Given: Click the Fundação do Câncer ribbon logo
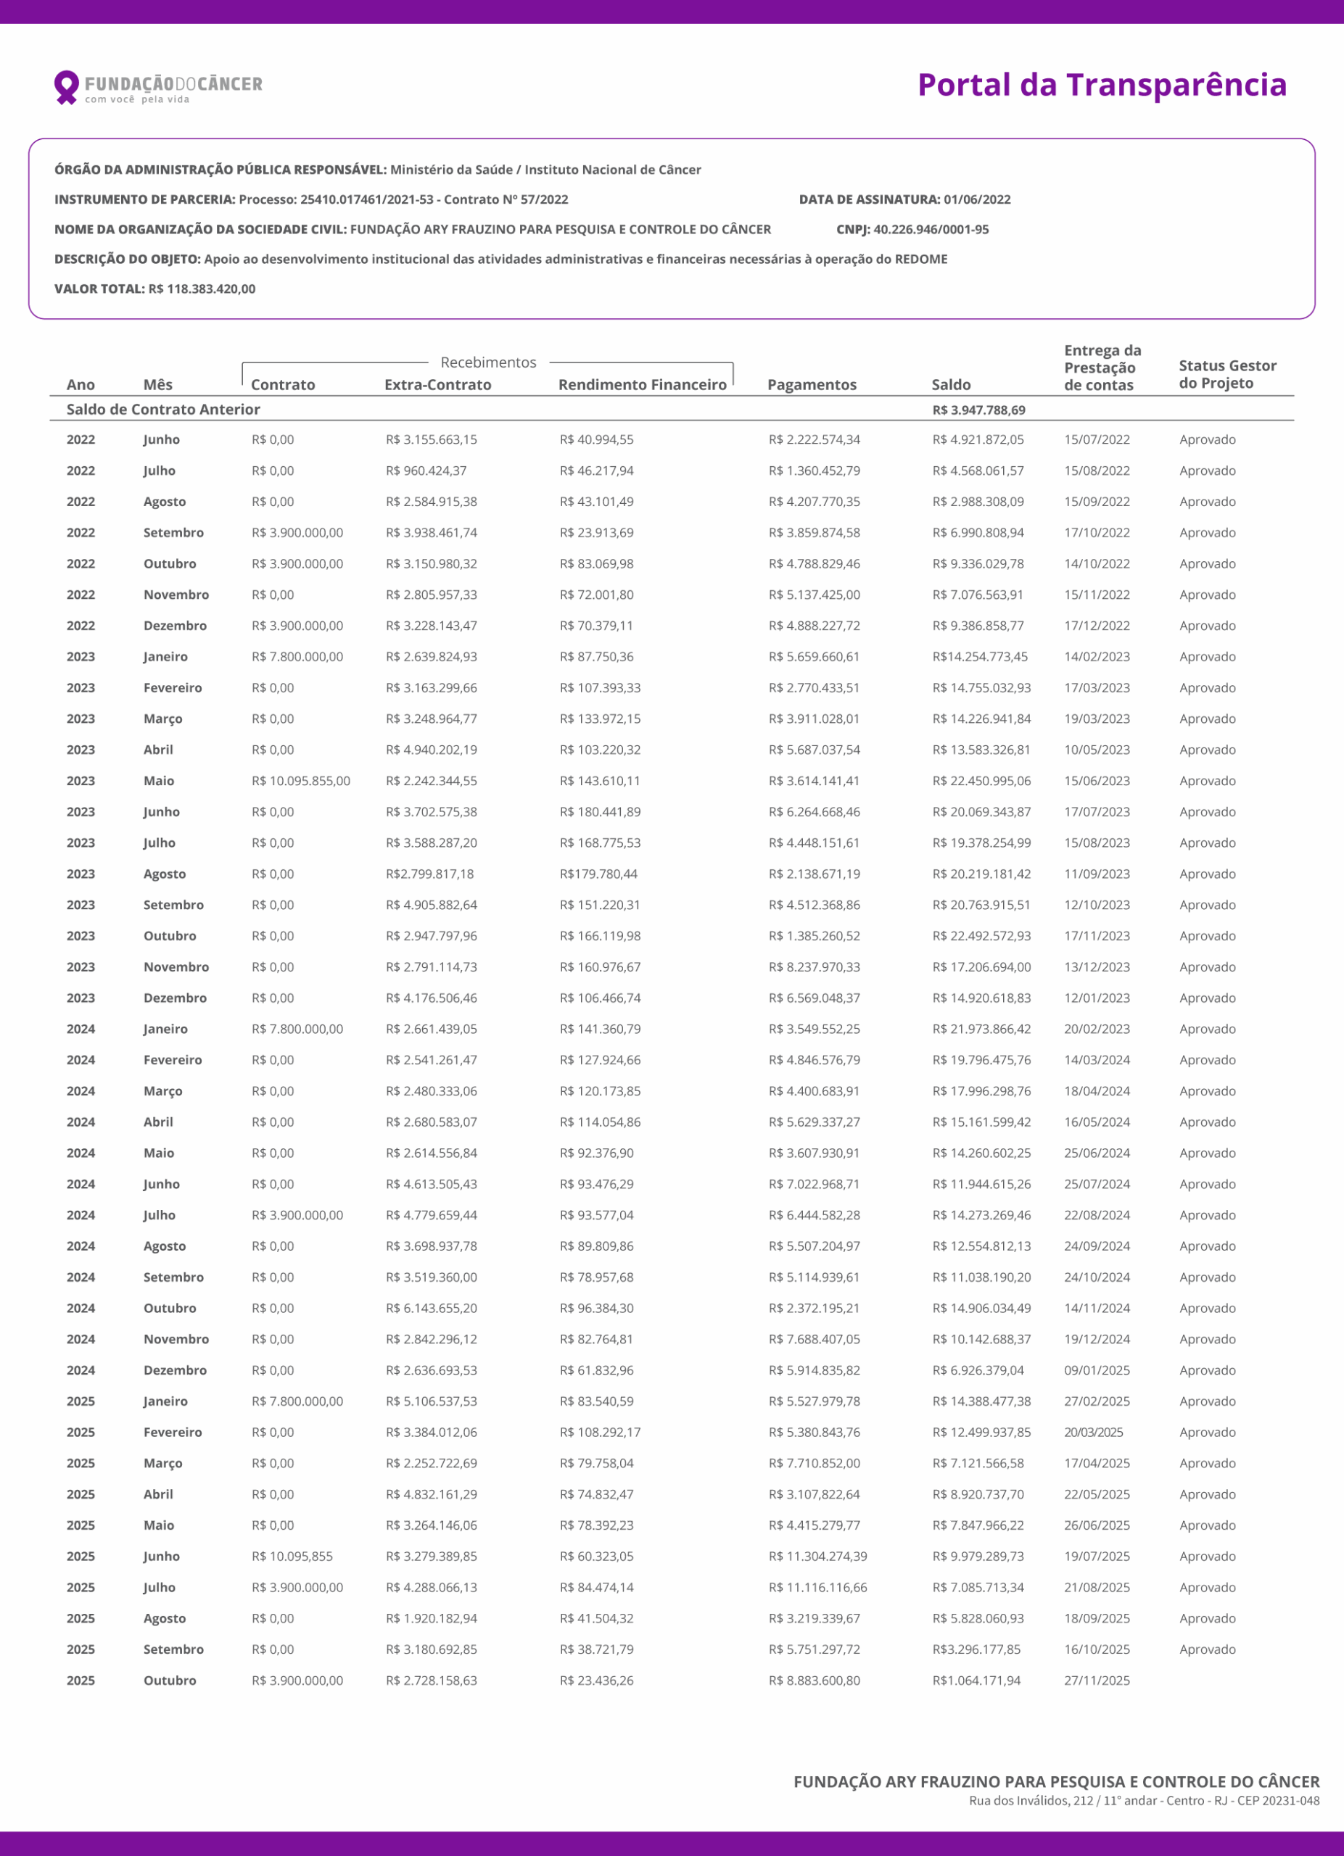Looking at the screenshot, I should click(x=65, y=87).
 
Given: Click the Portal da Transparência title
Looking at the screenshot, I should click(x=1102, y=85).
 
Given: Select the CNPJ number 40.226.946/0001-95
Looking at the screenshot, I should click(x=931, y=229).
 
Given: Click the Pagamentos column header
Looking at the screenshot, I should click(x=811, y=385).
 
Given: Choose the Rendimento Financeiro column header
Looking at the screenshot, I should click(x=642, y=385).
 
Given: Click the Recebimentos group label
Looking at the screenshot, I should click(x=488, y=362).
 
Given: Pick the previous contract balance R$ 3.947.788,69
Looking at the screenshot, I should click(x=978, y=410).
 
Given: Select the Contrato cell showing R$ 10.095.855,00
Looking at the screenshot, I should click(x=300, y=781).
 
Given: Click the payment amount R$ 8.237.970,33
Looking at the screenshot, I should click(x=814, y=966).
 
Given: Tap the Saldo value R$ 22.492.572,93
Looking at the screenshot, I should click(x=981, y=935).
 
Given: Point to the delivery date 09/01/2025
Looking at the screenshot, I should click(x=1097, y=1370).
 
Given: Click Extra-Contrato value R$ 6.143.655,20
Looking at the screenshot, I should click(x=432, y=1308).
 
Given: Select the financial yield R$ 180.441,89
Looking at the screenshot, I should click(x=600, y=812).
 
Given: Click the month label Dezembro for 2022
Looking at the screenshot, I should click(x=175, y=625).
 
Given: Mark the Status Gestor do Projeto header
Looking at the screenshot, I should click(x=1227, y=374).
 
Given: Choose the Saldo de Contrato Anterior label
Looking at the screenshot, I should click(x=163, y=409).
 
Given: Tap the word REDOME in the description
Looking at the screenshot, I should click(x=921, y=260).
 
